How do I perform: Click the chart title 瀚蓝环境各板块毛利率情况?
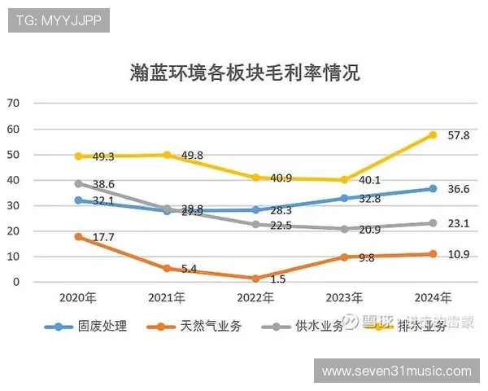244,73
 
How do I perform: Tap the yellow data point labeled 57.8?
433,135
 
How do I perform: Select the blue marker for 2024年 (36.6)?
433,189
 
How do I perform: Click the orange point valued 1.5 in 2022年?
256,279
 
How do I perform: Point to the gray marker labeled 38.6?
79,184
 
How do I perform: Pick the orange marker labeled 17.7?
79,237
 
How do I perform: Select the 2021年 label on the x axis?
167,298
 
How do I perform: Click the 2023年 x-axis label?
344,298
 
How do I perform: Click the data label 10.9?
459,255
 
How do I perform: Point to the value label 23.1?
459,222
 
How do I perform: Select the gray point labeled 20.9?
344,229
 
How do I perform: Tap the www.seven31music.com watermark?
397,371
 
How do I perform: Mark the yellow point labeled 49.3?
79,156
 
